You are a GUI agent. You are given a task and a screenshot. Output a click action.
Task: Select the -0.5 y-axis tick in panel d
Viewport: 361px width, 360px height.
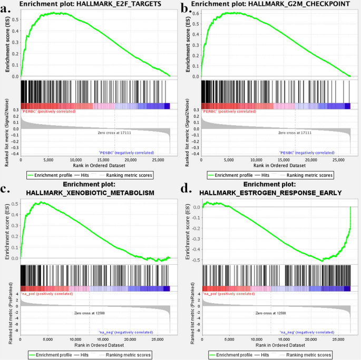tap(195, 260)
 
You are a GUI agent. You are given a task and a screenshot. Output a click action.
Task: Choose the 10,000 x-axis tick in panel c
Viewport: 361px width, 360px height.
tap(75, 340)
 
